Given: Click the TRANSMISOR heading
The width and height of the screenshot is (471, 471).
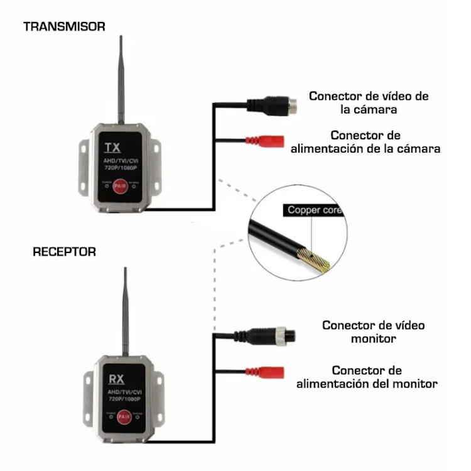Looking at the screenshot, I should pos(64,26).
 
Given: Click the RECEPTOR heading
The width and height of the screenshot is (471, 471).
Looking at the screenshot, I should pos(64,252).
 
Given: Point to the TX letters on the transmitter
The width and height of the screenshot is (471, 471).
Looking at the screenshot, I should pos(112,148).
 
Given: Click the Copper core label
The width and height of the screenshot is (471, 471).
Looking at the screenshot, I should pos(315,210).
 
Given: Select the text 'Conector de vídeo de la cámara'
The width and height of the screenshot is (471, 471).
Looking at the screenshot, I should pos(369,102).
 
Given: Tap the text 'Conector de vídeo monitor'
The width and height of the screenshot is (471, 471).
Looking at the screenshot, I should pos(373,332).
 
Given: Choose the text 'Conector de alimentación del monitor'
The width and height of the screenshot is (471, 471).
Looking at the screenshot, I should pos(367,377).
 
